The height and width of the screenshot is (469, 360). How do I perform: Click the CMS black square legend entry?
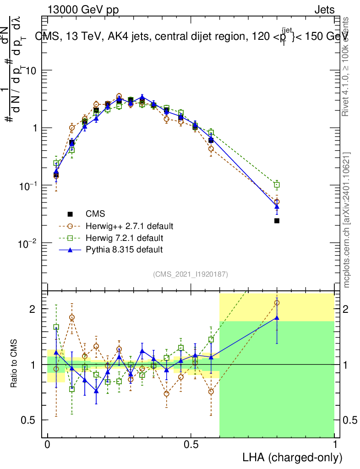click(x=70, y=214)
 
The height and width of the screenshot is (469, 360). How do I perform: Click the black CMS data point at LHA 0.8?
click(x=277, y=221)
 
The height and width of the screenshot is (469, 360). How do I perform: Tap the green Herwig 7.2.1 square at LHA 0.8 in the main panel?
click(x=277, y=185)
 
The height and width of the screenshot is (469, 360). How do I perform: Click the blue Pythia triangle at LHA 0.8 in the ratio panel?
click(x=277, y=317)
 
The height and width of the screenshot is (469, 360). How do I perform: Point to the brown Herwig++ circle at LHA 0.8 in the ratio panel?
click(x=277, y=302)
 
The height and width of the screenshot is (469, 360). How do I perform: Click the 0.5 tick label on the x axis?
click(x=191, y=445)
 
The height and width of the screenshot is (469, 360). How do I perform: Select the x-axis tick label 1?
click(x=335, y=445)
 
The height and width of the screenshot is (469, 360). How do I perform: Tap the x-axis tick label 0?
click(x=47, y=445)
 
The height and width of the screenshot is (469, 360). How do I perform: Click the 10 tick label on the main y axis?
click(x=33, y=71)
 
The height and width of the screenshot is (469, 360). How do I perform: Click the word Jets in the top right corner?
click(x=324, y=10)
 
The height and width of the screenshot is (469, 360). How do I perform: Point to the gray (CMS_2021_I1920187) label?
click(x=191, y=274)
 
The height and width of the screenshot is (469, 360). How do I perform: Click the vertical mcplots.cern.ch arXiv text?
click(x=347, y=220)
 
